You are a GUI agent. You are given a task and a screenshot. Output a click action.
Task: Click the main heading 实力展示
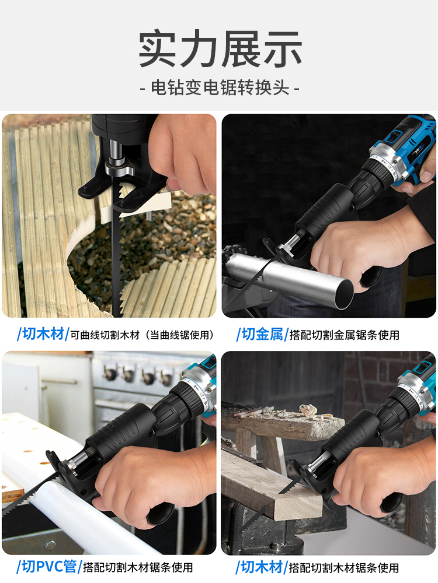pyautogui.click(x=220, y=49)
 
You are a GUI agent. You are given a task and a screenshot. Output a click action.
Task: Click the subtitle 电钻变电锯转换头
pyautogui.click(x=220, y=88)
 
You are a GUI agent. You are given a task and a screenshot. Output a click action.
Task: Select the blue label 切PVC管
pyautogui.click(x=48, y=566)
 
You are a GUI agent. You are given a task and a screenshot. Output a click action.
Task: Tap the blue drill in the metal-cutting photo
pyautogui.click(x=403, y=146)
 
